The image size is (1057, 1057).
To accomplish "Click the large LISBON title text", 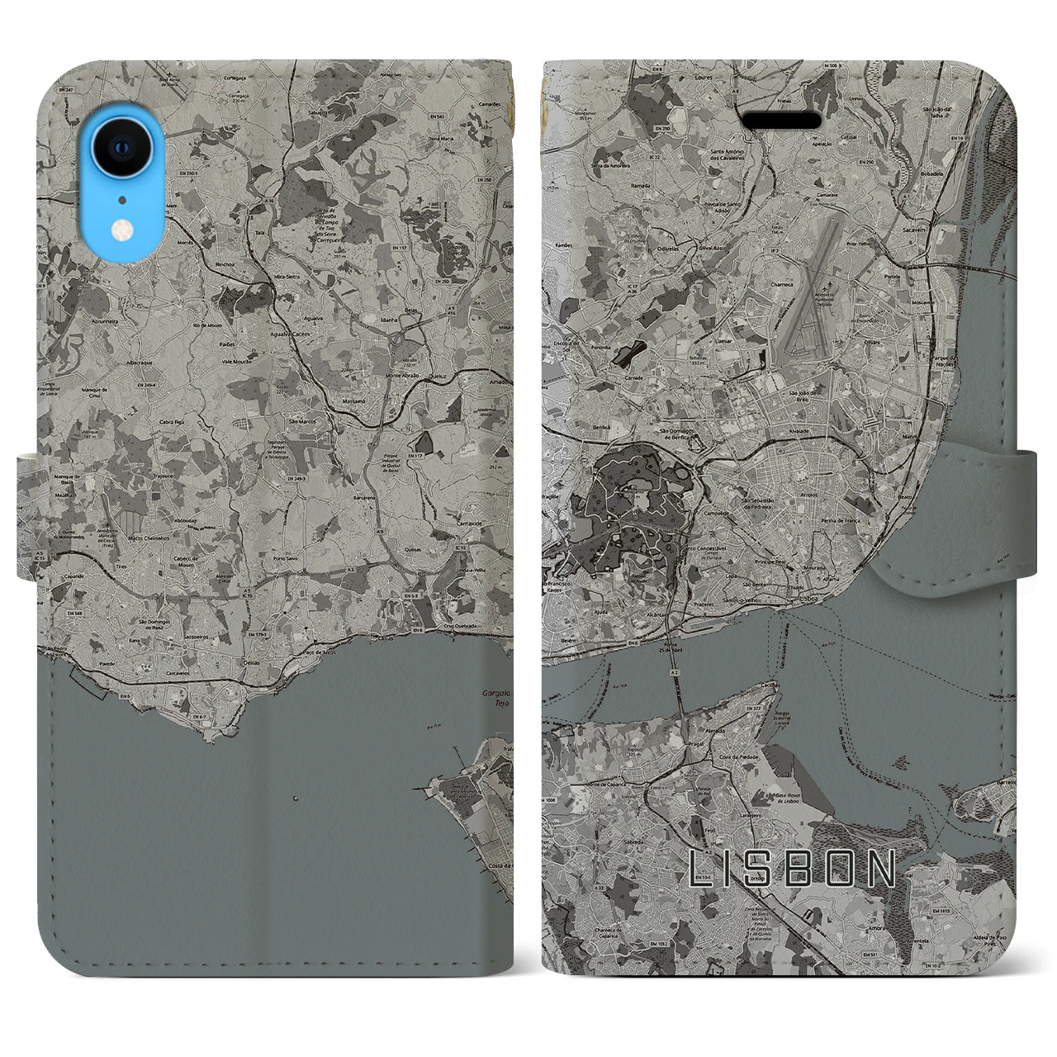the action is (x=792, y=869).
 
